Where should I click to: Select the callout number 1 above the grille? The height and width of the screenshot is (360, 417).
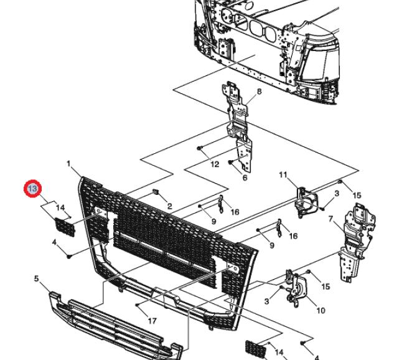point(68,164)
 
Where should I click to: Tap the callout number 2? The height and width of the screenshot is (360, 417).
point(169,206)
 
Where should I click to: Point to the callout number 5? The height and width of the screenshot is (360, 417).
point(36,278)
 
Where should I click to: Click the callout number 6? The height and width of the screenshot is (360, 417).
point(245,178)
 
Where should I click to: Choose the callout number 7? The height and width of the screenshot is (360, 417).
point(331,220)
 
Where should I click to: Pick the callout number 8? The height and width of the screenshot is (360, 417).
point(259,92)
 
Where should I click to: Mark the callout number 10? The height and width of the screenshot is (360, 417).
point(321,310)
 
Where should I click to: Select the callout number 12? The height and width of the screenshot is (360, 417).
point(215,165)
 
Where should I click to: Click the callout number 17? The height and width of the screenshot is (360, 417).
point(151,321)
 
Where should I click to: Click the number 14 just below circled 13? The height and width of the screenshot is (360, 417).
point(60,207)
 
